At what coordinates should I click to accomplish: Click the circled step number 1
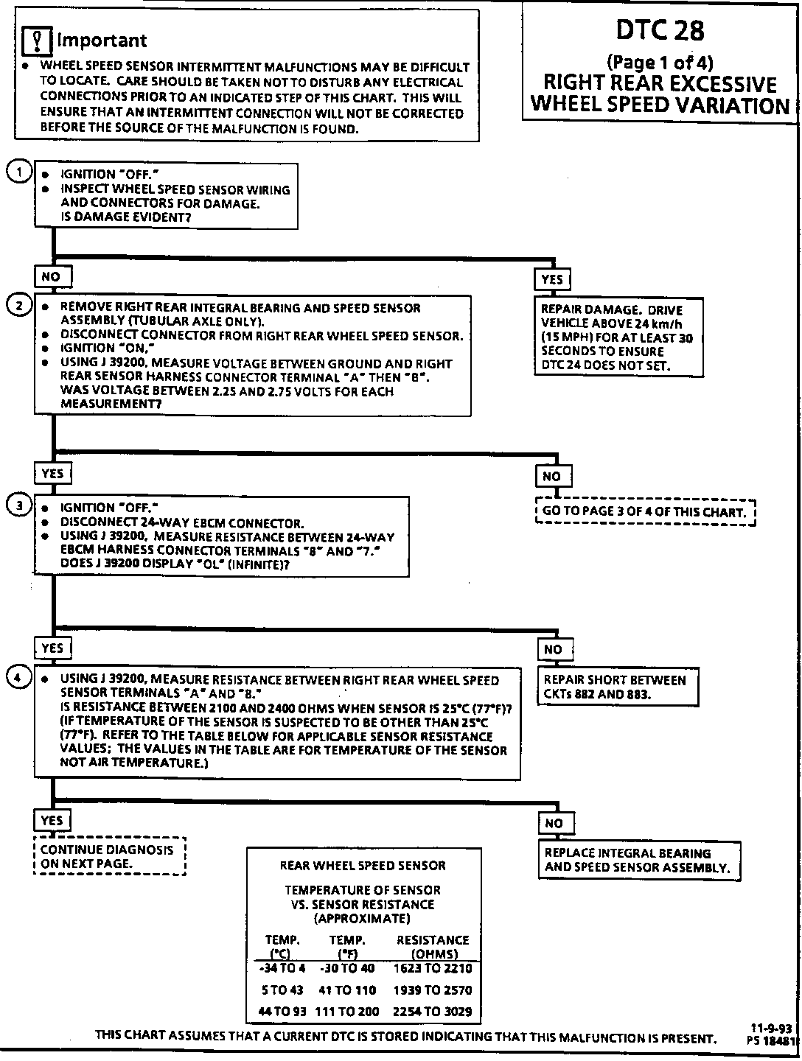tap(18, 171)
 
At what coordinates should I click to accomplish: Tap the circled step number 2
tap(18, 306)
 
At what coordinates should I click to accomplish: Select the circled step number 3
tap(18, 505)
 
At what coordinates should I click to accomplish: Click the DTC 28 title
tap(660, 30)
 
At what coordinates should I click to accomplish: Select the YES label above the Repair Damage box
tap(552, 279)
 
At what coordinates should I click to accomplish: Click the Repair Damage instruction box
tap(618, 337)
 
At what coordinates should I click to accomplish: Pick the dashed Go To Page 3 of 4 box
tap(646, 512)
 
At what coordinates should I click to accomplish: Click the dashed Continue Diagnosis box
tap(109, 856)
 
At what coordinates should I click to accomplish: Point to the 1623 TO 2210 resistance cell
tap(433, 968)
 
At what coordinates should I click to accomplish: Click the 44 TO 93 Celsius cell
tap(282, 1012)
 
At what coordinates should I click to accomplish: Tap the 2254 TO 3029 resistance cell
tap(433, 1012)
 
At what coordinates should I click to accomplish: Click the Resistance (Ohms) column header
tap(433, 946)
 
